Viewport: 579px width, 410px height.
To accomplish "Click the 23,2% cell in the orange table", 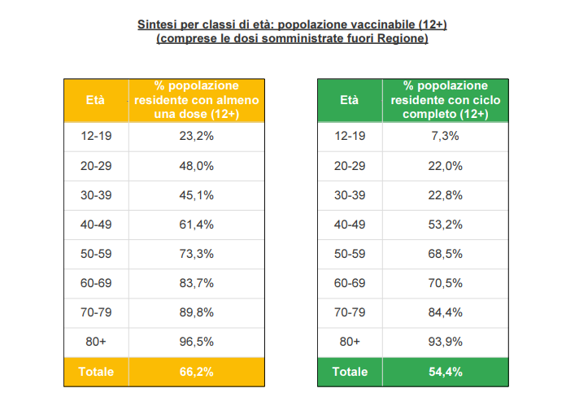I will click(196, 136).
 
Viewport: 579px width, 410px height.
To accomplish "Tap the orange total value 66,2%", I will click(196, 372).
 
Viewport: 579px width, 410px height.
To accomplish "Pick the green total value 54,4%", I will click(446, 372).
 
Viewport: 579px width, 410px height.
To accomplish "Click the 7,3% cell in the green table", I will click(446, 136).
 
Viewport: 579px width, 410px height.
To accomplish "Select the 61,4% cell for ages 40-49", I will click(196, 225).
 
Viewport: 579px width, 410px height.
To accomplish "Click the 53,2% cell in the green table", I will click(446, 225).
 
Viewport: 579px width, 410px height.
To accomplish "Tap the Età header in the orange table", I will click(95, 100).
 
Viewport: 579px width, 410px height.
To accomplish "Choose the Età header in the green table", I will click(349, 100).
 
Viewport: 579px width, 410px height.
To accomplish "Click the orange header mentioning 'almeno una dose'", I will click(196, 100).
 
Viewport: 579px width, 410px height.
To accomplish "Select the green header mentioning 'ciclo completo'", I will click(446, 100).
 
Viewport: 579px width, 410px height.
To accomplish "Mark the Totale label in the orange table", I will click(96, 372).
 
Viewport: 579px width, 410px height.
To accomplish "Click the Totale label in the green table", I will click(350, 372).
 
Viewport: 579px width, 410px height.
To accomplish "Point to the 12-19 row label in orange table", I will click(96, 136).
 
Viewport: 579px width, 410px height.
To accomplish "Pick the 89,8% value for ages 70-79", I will click(196, 312).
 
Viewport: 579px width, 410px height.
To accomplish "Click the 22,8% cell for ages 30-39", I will click(446, 195).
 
